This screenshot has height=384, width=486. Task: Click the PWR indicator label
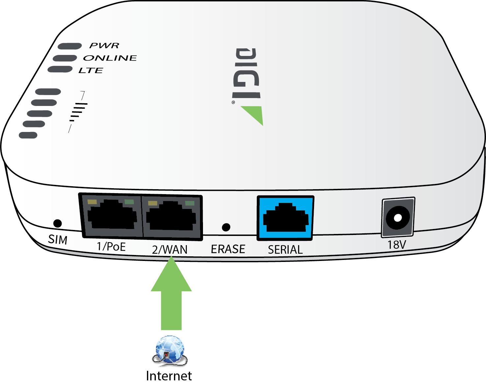click(104, 45)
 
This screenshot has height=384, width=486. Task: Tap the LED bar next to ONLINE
click(65, 58)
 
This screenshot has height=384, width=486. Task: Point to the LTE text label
click(91, 70)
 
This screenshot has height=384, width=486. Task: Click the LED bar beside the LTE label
click(60, 69)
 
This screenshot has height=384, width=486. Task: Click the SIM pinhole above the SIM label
click(57, 223)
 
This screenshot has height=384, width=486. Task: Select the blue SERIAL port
click(285, 218)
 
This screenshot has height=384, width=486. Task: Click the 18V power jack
click(398, 218)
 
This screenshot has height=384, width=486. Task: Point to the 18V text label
click(397, 245)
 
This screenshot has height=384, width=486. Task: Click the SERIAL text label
click(285, 249)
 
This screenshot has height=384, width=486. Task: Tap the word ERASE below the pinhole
click(228, 249)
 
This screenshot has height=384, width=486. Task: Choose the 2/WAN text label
click(170, 249)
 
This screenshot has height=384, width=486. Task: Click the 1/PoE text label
click(111, 246)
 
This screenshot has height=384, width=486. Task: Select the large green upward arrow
click(171, 293)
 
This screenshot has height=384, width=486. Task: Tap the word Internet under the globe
click(169, 376)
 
